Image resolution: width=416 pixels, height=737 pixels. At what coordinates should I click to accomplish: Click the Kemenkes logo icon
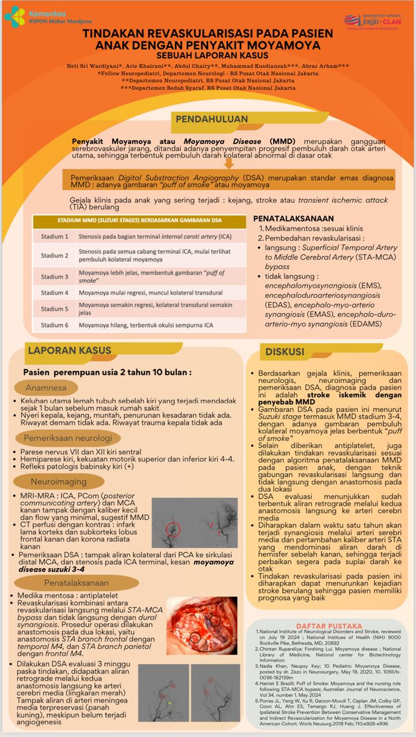tap(15, 17)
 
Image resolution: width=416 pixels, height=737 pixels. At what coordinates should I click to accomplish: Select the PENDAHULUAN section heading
tap(211, 119)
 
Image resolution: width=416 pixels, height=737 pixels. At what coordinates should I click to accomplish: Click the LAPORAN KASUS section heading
tap(70, 350)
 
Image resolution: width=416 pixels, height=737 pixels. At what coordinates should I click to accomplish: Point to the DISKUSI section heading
tap(285, 351)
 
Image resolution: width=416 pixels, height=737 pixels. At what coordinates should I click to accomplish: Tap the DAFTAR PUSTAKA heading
tap(329, 625)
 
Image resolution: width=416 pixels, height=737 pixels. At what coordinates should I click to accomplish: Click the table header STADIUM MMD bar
tap(140, 221)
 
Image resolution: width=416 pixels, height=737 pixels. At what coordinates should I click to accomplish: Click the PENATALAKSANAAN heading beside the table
tap(294, 219)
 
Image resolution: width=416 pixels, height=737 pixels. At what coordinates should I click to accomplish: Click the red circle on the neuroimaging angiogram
tap(172, 529)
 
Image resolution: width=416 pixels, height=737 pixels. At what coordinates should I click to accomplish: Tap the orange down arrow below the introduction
tap(229, 164)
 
